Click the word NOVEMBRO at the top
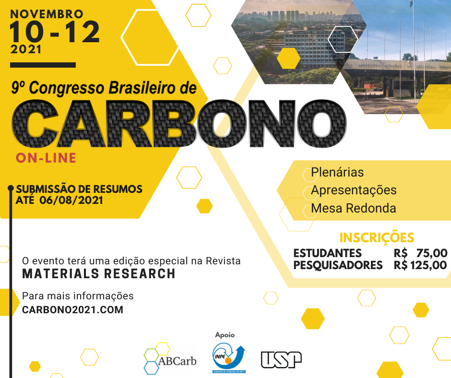pos(47,14)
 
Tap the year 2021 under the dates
pos(26,49)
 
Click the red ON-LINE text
pos(46,158)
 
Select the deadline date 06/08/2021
pos(71,200)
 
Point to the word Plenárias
pos(337,172)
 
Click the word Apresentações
pos(354,190)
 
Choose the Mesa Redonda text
pos(354,208)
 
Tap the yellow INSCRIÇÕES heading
pos(377,237)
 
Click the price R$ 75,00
pos(420,253)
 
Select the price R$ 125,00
pos(420,265)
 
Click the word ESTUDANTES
pos(327,253)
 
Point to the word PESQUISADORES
pos(338,265)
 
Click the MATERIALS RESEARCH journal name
pos(99,273)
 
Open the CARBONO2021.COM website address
pos(73,310)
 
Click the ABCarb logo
pos(170,358)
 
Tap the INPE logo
pos(229,358)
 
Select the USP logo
pos(281,360)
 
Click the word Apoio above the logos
pos(225,335)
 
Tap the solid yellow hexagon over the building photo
pos(289,59)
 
